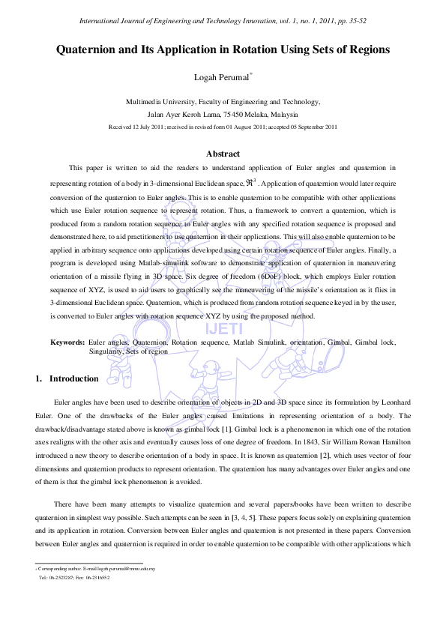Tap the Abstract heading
[223, 153]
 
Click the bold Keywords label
[67, 342]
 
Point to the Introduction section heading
[73, 378]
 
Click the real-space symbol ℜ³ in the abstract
[256, 181]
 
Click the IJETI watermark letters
[223, 327]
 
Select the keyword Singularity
[106, 351]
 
